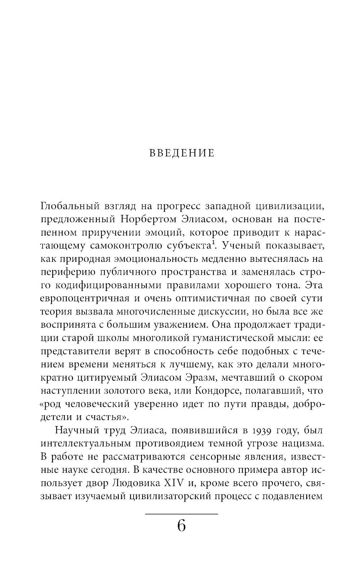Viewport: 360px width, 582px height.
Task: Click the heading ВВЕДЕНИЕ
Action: tap(181, 153)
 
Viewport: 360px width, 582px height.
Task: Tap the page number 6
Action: tap(181, 526)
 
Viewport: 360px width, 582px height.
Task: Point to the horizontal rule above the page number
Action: tap(181, 513)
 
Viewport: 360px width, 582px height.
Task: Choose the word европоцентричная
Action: tap(80, 299)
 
